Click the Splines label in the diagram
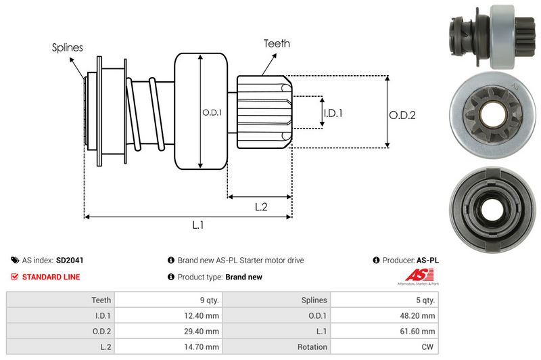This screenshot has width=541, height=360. pos(68,47)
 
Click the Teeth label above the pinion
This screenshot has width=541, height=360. pos(276,43)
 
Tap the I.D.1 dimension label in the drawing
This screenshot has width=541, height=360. pos(333,113)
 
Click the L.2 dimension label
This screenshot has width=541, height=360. pos(262,208)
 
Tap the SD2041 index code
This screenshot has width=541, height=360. pos(70,260)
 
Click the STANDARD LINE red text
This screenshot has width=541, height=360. pos(51,277)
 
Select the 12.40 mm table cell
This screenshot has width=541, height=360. pos(203,315)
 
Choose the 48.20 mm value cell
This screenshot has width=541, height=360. pos(419,315)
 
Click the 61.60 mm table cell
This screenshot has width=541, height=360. pos(419,331)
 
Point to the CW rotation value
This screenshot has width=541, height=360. pos(428,346)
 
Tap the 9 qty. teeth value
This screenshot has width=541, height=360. pos(207,300)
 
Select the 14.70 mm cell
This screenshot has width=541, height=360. pos(203,346)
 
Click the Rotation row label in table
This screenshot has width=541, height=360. pos(311,346)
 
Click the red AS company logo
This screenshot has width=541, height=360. pos(415,275)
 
